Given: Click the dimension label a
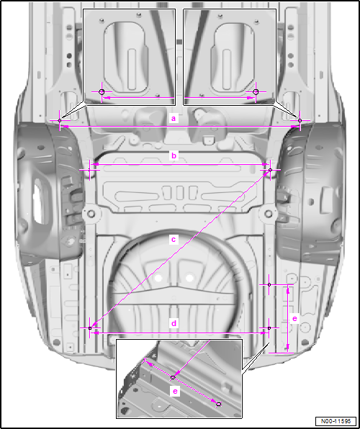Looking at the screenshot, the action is coord(173,119).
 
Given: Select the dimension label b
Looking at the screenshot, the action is coord(174,155).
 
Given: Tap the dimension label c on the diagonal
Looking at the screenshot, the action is coord(174,240).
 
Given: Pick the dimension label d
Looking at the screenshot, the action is coord(174,324).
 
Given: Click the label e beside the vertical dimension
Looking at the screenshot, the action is coord(294,318).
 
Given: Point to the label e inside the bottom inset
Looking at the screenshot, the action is coord(175,392).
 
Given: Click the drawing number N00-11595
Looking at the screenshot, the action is coord(336,421).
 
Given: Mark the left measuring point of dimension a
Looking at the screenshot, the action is coord(60,120).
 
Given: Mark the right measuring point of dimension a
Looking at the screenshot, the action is coord(300,120).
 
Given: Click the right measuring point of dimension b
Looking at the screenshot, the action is coord(270,170).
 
